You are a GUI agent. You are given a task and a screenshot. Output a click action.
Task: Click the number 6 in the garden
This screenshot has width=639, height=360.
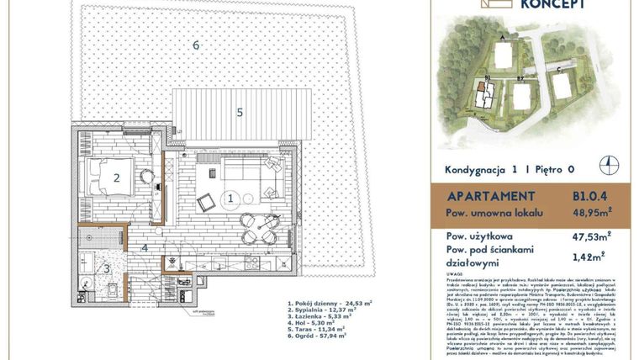point(195,45)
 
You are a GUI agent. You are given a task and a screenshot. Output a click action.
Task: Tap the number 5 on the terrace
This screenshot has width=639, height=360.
point(239,111)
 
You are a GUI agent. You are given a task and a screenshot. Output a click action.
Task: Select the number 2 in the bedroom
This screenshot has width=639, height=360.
point(117,177)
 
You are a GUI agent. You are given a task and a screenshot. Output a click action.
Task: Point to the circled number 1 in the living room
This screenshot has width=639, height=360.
point(230,199)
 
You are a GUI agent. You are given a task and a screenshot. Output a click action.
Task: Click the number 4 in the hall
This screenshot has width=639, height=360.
point(145,247)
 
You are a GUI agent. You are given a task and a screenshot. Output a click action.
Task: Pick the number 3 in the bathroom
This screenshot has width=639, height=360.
point(106,268)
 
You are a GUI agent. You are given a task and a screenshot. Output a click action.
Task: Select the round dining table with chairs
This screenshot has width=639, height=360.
point(256,225)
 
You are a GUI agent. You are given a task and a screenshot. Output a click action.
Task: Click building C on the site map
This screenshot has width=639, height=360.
point(559,83)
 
